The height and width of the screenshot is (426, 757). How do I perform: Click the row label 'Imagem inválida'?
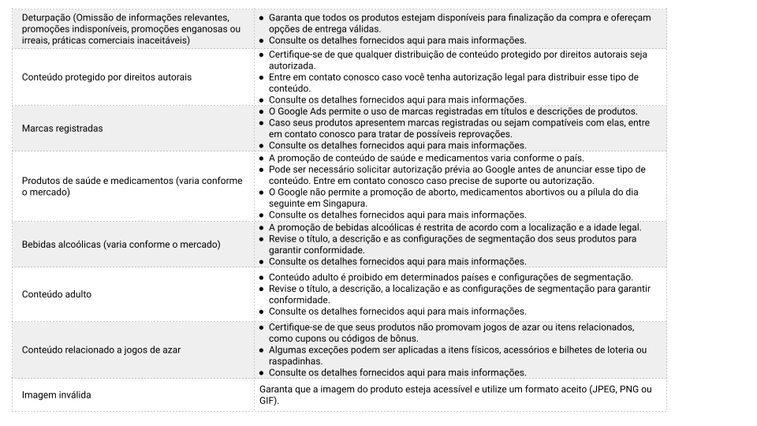[x=57, y=394]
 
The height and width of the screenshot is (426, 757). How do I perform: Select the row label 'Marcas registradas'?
[x=62, y=128]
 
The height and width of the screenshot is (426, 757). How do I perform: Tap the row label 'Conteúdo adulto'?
[x=57, y=294]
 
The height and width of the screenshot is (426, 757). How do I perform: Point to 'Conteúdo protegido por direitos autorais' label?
[x=106, y=77]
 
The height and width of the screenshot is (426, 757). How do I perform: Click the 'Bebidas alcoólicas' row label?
[x=62, y=245]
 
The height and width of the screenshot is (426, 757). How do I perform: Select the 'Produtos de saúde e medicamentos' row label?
[x=95, y=181]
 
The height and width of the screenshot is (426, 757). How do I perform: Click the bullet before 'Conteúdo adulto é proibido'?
[x=262, y=278]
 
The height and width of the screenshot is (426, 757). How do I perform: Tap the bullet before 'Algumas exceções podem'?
[x=262, y=349]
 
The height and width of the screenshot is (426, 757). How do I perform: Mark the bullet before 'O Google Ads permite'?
[x=262, y=111]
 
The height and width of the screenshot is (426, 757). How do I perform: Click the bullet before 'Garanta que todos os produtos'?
[x=262, y=17]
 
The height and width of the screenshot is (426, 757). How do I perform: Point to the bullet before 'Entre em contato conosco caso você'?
[x=262, y=77]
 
